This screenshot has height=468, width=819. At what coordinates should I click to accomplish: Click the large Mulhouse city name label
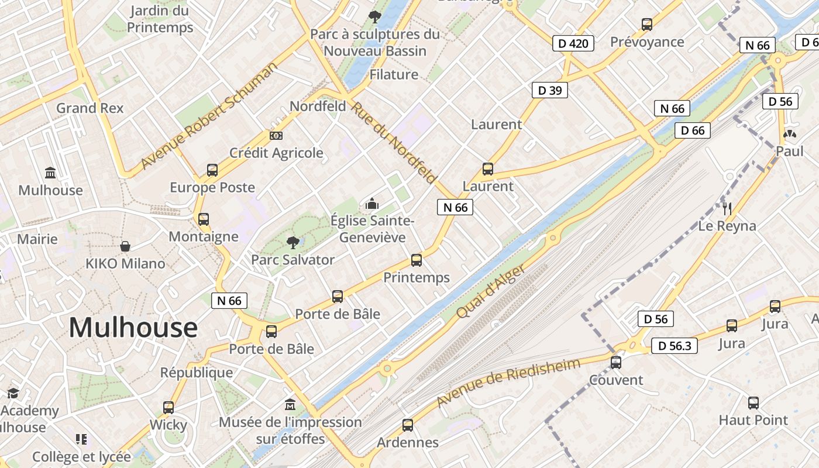pyautogui.click(x=133, y=328)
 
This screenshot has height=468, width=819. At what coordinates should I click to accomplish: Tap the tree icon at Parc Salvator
pyautogui.click(x=292, y=242)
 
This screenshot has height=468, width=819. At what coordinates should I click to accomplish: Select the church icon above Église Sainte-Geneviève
pyautogui.click(x=372, y=204)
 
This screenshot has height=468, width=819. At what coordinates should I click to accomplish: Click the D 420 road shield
pyautogui.click(x=573, y=43)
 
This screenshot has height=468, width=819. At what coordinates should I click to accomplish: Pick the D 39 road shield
pyautogui.click(x=550, y=90)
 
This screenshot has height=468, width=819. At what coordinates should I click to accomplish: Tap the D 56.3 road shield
pyautogui.click(x=675, y=346)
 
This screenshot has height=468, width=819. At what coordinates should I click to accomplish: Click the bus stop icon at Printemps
pyautogui.click(x=417, y=260)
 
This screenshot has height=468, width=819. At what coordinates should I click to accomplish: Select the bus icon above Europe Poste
pyautogui.click(x=212, y=170)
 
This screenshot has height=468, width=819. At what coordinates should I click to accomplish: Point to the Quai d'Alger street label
pyautogui.click(x=490, y=291)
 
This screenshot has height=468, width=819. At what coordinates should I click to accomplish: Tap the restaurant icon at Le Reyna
pyautogui.click(x=727, y=209)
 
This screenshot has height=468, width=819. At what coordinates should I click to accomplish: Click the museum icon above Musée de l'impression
pyautogui.click(x=290, y=404)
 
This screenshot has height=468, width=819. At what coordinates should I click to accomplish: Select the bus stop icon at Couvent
pyautogui.click(x=616, y=363)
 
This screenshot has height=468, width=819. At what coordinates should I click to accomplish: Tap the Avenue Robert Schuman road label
pyautogui.click(x=209, y=115)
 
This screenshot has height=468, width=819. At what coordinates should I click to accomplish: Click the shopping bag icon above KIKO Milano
pyautogui.click(x=125, y=246)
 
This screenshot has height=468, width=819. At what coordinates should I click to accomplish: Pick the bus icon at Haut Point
pyautogui.click(x=753, y=403)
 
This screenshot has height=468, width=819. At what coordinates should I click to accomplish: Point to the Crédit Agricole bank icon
pyautogui.click(x=276, y=136)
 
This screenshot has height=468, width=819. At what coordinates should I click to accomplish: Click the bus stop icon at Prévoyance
pyautogui.click(x=647, y=25)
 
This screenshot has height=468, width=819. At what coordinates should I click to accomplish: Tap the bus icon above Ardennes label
pyautogui.click(x=408, y=425)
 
